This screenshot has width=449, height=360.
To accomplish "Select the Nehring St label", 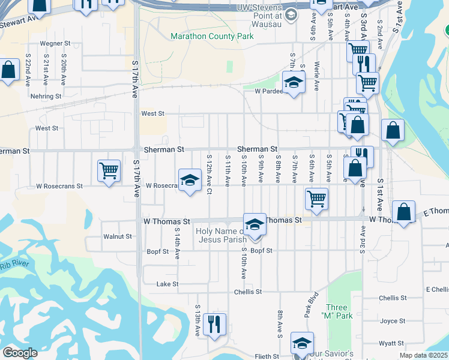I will pos(47,96).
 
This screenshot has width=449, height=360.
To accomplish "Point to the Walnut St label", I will pos(117,236).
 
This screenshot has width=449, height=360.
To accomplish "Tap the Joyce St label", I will pos(393,321).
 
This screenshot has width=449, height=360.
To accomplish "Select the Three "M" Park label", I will pos(336,311).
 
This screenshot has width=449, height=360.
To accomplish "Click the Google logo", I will pos(20,353).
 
